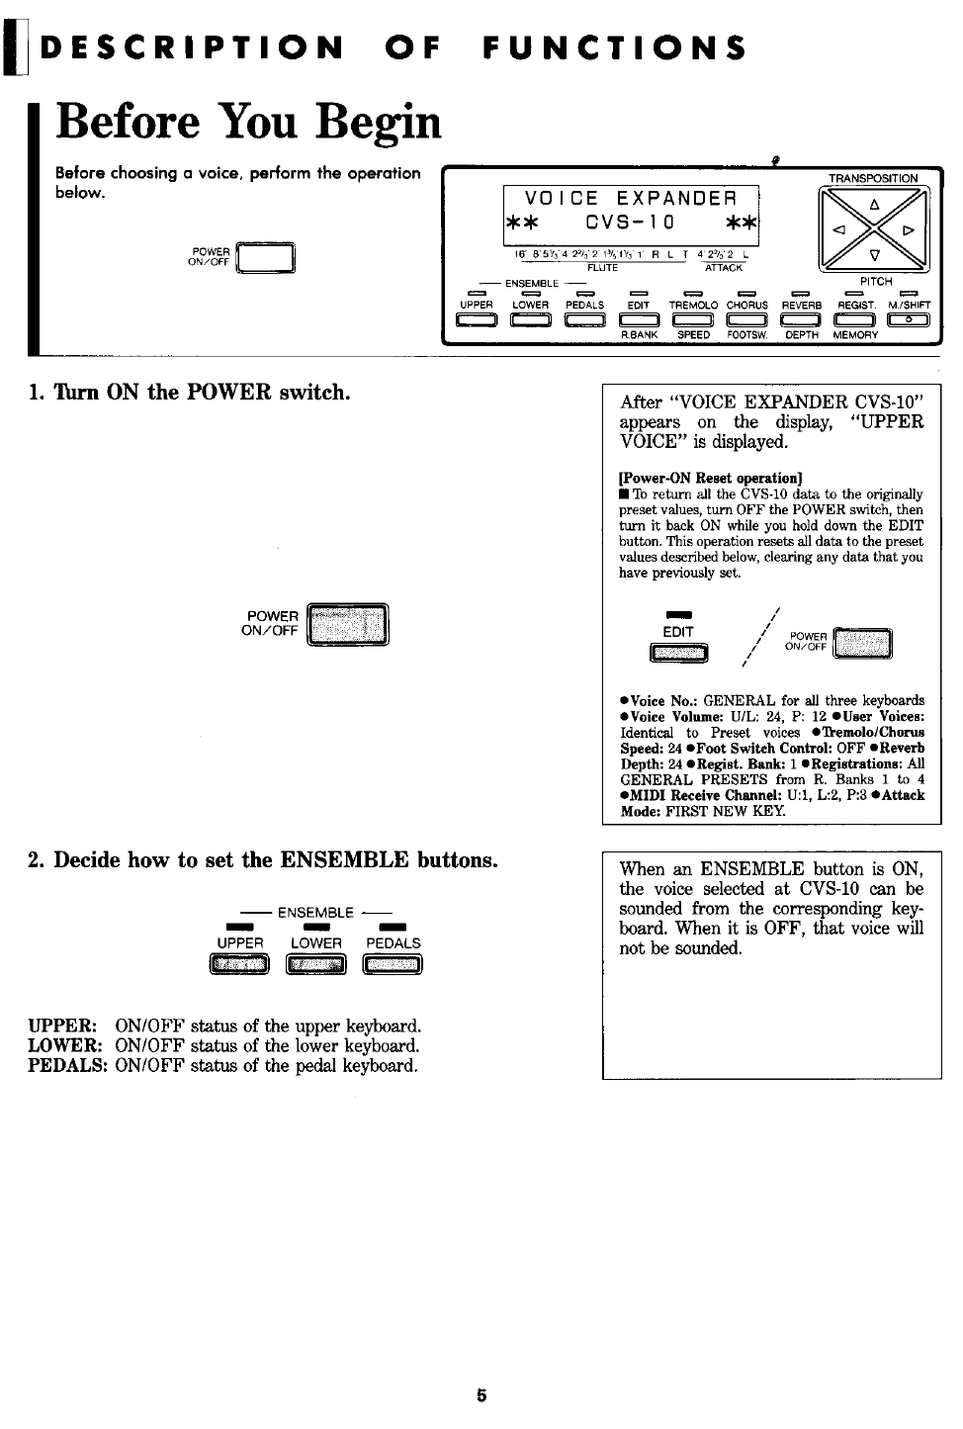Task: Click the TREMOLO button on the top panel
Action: [693, 318]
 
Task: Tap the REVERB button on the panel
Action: [801, 318]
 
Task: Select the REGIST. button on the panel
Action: [855, 318]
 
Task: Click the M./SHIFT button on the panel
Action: [909, 318]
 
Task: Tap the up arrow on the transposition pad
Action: [873, 205]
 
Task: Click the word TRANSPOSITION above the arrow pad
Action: [872, 178]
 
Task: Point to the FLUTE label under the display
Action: [602, 268]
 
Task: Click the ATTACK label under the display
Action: [723, 268]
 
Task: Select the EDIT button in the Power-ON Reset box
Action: [679, 652]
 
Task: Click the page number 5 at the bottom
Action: [481, 1395]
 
